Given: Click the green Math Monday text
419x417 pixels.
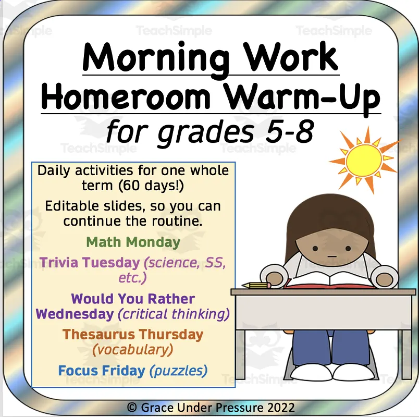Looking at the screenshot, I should coord(133,242).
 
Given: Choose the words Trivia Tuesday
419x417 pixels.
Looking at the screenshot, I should coord(90,262).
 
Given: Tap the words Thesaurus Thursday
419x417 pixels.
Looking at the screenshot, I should coord(133,334).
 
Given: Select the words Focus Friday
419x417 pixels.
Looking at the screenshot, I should coord(102,371).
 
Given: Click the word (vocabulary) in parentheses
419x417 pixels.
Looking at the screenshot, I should coord(133,349).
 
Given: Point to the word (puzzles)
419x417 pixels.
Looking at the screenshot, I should coord(178,371).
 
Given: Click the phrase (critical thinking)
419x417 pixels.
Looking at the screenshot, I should coord(174,314).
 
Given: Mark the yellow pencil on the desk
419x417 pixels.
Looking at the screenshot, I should coord(256,285).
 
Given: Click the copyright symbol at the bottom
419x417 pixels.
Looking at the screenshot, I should coord(132,407).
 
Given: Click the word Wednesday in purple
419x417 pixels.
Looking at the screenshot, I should coord(75,314).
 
